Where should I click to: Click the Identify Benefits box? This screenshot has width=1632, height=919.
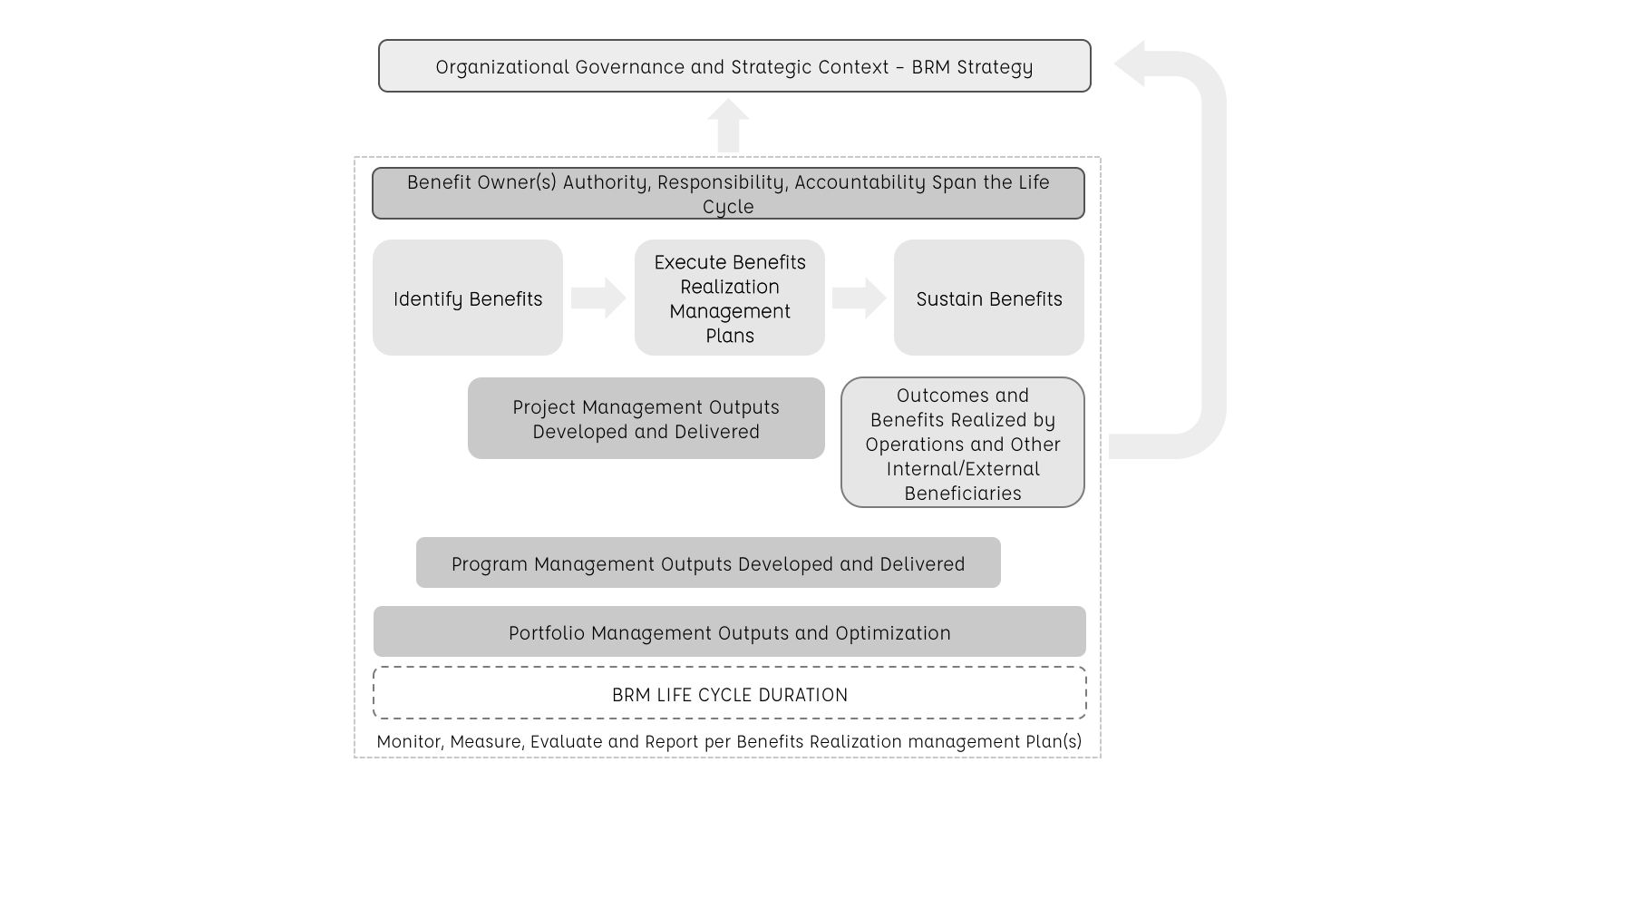pyautogui.click(x=467, y=298)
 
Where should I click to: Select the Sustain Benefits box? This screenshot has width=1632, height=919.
pyautogui.click(x=988, y=298)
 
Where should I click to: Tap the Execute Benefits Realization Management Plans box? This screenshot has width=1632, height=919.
pyautogui.click(x=729, y=298)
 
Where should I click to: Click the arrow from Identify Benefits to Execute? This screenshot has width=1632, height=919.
pyautogui.click(x=598, y=298)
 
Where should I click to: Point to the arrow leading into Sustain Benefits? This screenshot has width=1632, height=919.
pyautogui.click(x=859, y=298)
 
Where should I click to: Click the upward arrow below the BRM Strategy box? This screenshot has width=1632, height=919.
pyautogui.click(x=728, y=126)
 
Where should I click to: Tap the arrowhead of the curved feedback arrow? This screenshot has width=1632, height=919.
pyautogui.click(x=1131, y=64)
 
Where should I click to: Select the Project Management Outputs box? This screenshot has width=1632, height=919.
pyautogui.click(x=646, y=418)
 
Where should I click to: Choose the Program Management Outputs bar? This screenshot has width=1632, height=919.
pyautogui.click(x=707, y=562)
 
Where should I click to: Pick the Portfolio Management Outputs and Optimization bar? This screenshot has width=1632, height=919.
pyautogui.click(x=729, y=631)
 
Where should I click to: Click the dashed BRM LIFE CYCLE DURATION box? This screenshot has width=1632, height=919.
pyautogui.click(x=729, y=693)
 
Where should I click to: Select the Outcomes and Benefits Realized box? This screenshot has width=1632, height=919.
pyautogui.click(x=962, y=443)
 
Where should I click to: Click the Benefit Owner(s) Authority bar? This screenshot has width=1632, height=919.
pyautogui.click(x=728, y=193)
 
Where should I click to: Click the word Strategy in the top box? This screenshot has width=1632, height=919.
pyautogui.click(x=999, y=67)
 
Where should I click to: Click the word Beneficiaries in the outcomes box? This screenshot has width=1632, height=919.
pyautogui.click(x=963, y=494)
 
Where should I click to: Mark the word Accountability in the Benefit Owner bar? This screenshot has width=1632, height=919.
pyautogui.click(x=860, y=182)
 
